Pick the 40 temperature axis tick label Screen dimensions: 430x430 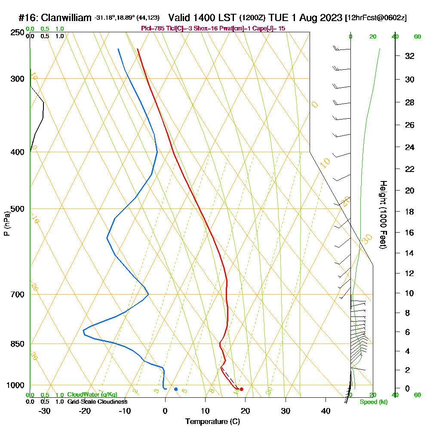click(x=326, y=411)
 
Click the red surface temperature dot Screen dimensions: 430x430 click(x=241, y=389)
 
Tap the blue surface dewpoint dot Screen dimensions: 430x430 click(x=176, y=389)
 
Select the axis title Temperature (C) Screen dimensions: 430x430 click(x=212, y=421)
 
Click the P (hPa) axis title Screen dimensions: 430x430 click(x=6, y=223)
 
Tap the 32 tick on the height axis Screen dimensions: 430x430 click(x=410, y=56)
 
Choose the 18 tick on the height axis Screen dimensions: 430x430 click(x=410, y=212)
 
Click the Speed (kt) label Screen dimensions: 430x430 click(x=373, y=402)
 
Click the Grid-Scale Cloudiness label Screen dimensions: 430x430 click(x=97, y=402)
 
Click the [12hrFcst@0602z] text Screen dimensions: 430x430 click(x=376, y=18)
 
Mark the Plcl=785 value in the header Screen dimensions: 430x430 click(x=153, y=28)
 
